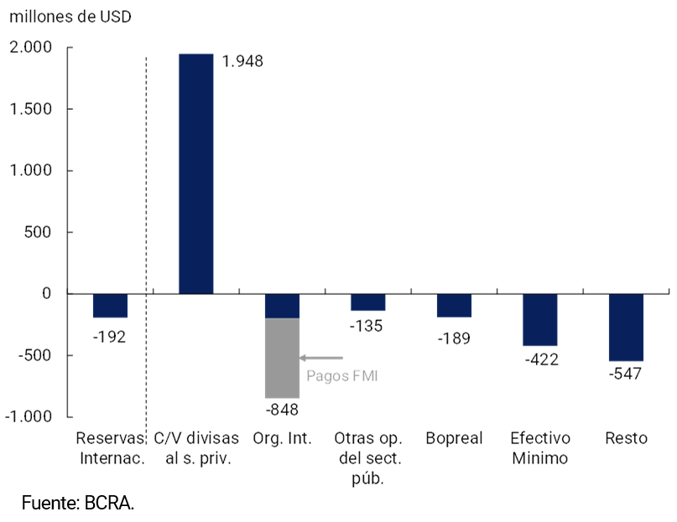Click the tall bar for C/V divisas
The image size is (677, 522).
pos(196,173)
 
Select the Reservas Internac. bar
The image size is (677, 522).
pos(110,305)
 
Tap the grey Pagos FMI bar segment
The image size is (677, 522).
pos(282,358)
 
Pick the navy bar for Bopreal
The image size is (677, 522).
pos(454,305)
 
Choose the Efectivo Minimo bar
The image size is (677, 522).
pos(539,319)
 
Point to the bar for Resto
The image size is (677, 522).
pos(626,327)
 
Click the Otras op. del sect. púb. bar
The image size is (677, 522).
pos(367,302)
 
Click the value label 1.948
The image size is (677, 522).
pos(243,61)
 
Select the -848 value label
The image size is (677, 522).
pos(282,410)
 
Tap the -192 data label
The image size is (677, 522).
pos(110,337)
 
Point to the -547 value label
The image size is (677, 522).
pos(626,374)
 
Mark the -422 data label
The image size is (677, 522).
pos(541,359)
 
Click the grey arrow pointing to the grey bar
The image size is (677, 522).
pos(321,358)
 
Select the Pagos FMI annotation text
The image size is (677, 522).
pos(342,376)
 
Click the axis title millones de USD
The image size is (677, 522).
pos(70,18)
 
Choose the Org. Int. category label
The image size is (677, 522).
pos(283,438)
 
